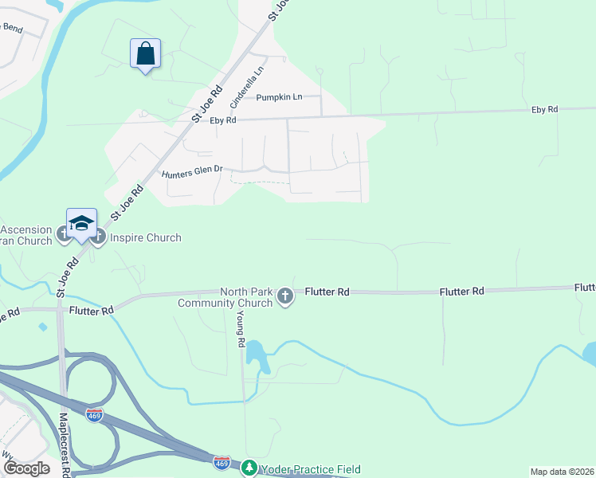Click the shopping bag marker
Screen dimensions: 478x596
click(x=145, y=55)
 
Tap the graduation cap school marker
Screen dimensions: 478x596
click(x=81, y=225)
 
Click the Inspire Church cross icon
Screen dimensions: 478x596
click(x=98, y=237)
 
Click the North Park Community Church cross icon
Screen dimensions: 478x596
click(x=285, y=297)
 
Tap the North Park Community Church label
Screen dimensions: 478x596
click(x=225, y=297)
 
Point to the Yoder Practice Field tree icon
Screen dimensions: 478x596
click(x=250, y=468)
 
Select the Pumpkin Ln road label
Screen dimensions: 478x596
click(x=279, y=97)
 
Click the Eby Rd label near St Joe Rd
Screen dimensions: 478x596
click(x=223, y=120)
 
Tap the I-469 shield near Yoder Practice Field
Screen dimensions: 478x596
click(x=222, y=462)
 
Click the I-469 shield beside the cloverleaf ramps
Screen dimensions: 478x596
click(x=95, y=416)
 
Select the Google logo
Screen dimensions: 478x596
click(x=26, y=468)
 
